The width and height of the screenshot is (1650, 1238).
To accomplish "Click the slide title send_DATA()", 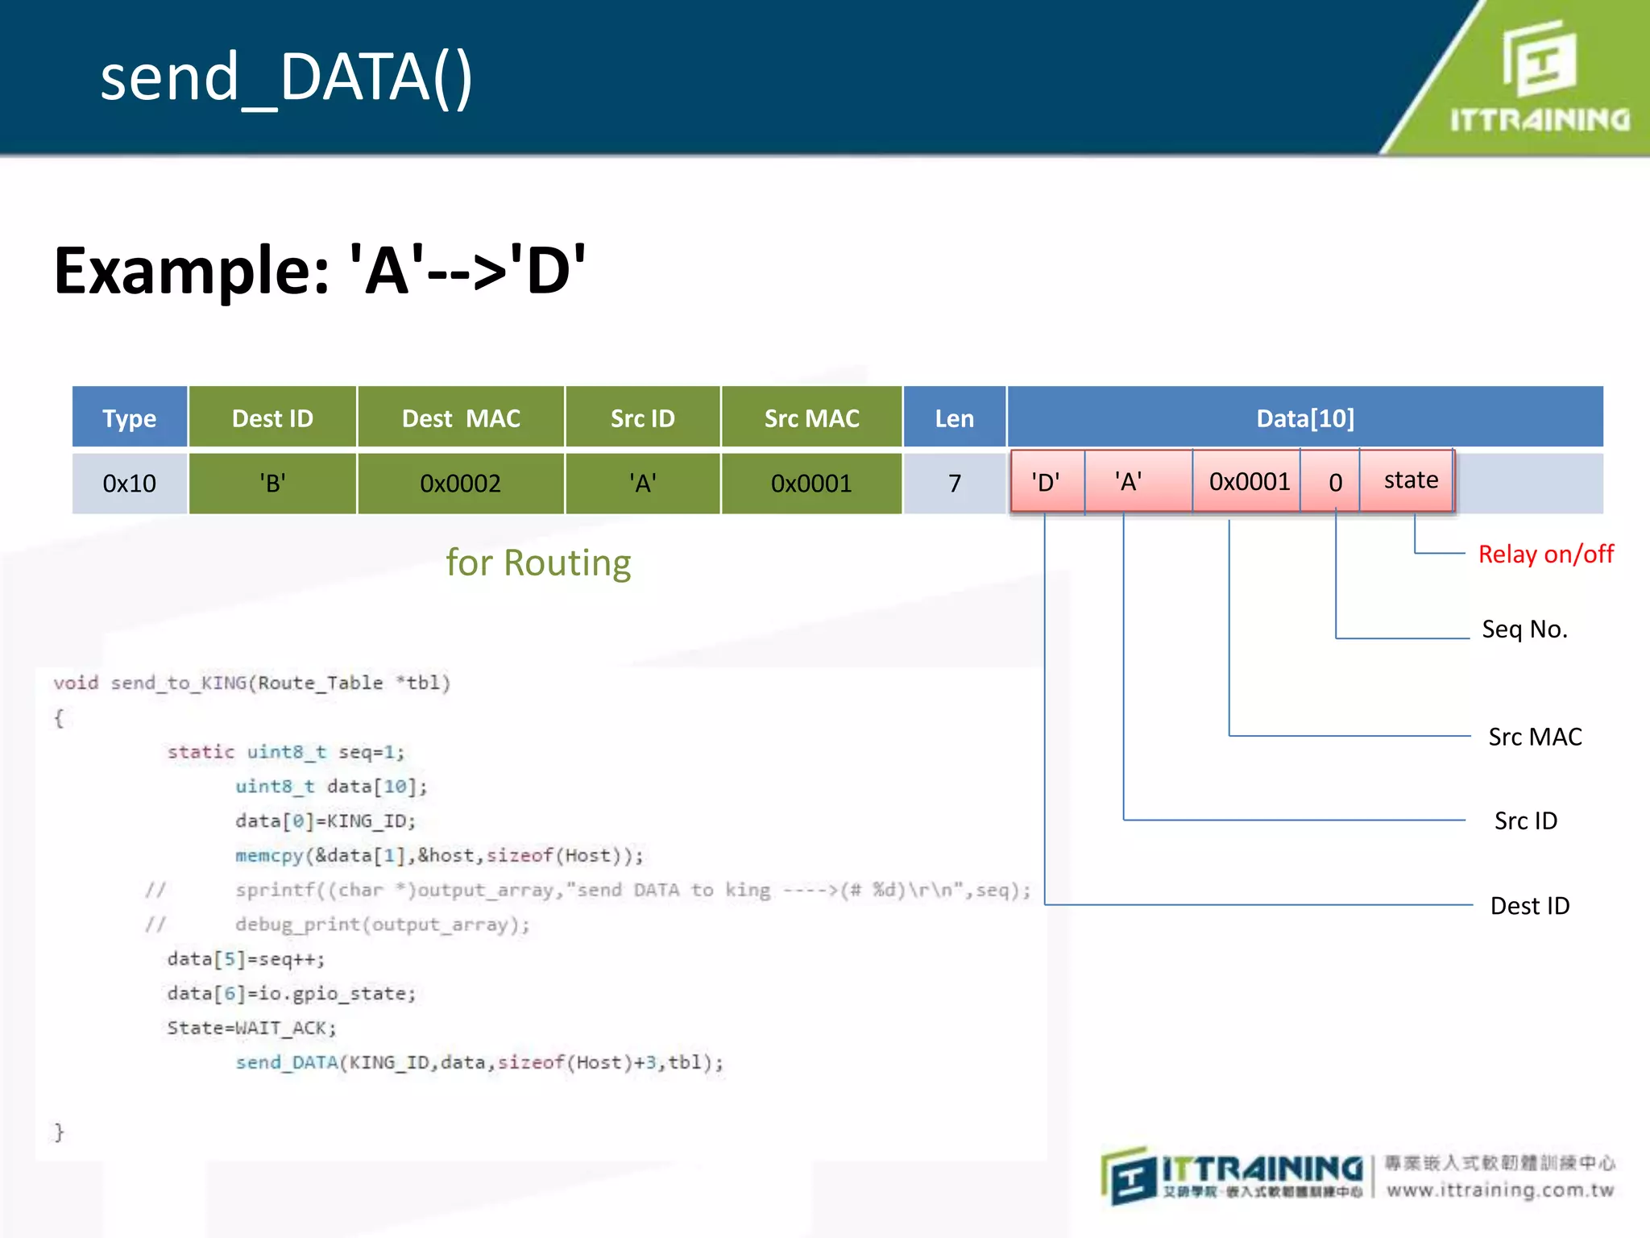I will click(286, 77).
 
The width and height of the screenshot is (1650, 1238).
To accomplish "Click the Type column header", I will click(129, 418).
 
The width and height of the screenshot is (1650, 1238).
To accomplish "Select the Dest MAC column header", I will click(461, 418).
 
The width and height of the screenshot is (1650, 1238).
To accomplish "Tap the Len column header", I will click(954, 418).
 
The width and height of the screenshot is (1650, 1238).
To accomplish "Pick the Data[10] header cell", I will click(1304, 418).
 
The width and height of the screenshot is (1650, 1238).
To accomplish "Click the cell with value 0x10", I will click(129, 484).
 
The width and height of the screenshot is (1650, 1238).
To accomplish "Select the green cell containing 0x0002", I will click(461, 484).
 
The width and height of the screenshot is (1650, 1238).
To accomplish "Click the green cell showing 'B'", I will click(272, 484).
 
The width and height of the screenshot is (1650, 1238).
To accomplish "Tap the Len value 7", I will click(954, 484).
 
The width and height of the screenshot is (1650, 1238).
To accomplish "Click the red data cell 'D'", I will click(1046, 482).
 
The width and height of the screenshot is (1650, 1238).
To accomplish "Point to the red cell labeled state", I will click(1410, 480).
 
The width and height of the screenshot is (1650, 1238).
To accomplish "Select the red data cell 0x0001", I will click(1249, 482).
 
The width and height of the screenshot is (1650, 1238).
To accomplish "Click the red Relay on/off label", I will click(1545, 555).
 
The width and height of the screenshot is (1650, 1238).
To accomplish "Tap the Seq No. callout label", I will click(1524, 629).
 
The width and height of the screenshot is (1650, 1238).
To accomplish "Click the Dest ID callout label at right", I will click(1529, 906).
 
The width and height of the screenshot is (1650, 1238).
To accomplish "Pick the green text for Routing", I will click(538, 563).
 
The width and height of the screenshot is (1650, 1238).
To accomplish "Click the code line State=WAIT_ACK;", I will click(251, 1028).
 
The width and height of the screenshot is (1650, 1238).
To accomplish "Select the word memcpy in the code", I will click(268, 855).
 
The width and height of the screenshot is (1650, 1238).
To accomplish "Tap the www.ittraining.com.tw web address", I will click(1500, 1190).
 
